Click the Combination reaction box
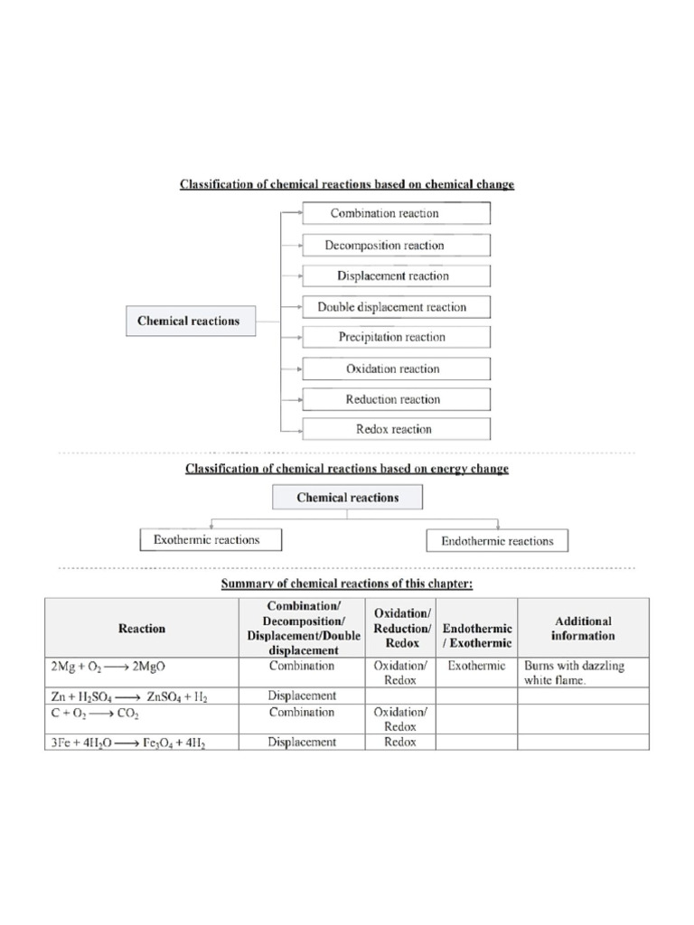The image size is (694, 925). pos(397,214)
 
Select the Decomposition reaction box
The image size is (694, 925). pos(397,246)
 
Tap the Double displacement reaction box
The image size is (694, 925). pos(397,307)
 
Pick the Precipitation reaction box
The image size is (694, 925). pos(397,338)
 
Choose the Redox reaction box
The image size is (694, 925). pos(397,429)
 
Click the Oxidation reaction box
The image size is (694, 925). pos(397,369)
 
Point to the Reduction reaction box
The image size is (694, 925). pos(397,399)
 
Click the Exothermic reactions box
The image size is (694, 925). pos(211,540)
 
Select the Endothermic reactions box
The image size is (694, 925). pos(497,541)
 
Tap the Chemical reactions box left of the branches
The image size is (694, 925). pos(189,321)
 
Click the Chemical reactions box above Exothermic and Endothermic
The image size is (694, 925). pos(348,498)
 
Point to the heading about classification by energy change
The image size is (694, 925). pos(347,469)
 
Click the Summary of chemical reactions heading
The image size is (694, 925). pos(347,584)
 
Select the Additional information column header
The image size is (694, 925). pos(583,628)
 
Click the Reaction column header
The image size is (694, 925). pos(142,628)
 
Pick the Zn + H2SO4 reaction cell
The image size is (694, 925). pos(142,696)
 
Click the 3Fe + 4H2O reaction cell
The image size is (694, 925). pos(142,743)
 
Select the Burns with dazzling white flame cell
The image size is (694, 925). pos(583,673)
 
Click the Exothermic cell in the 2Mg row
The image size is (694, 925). pos(476,667)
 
